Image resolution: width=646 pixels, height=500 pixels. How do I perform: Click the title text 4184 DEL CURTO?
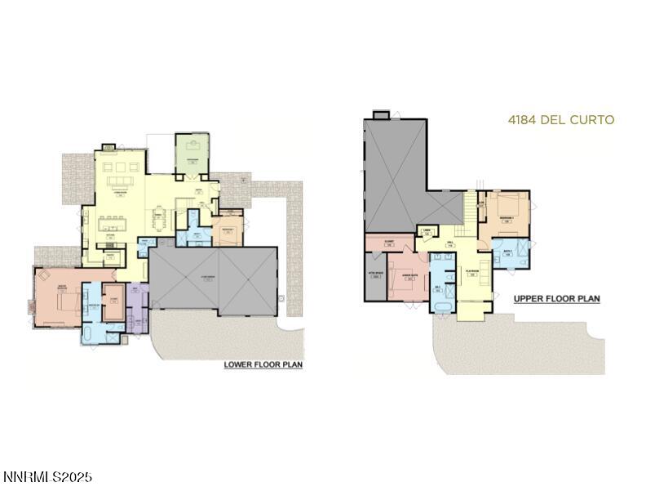coord(560,120)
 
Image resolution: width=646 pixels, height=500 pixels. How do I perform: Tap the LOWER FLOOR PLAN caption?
coord(263,364)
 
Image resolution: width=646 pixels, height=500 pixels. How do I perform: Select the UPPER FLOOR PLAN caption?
coord(556,299)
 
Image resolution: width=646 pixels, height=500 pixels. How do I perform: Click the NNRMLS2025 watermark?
coord(47,476)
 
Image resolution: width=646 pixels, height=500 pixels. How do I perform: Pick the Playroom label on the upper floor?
coord(471,274)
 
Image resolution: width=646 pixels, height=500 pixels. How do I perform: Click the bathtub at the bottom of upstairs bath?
coord(441,307)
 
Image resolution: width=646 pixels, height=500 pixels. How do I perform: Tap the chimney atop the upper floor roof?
coord(381,115)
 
